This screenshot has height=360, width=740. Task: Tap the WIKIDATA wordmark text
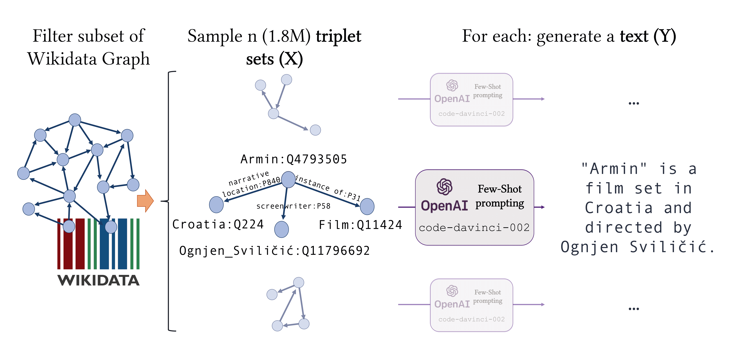pyautogui.click(x=99, y=280)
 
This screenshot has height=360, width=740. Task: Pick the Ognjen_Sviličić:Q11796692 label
pyautogui.click(x=274, y=250)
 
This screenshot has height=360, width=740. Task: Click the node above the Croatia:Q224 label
pyautogui.click(x=216, y=205)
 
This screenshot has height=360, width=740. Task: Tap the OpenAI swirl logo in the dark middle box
pyautogui.click(x=444, y=187)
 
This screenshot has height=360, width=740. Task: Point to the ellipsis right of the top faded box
pyautogui.click(x=634, y=103)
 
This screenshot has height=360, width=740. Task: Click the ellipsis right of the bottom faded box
pyautogui.click(x=634, y=309)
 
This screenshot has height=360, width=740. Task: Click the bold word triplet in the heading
pyautogui.click(x=338, y=36)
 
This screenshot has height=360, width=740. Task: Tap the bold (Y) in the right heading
pyautogui.click(x=664, y=36)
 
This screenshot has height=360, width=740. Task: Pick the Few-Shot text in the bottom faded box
pyautogui.click(x=488, y=292)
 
